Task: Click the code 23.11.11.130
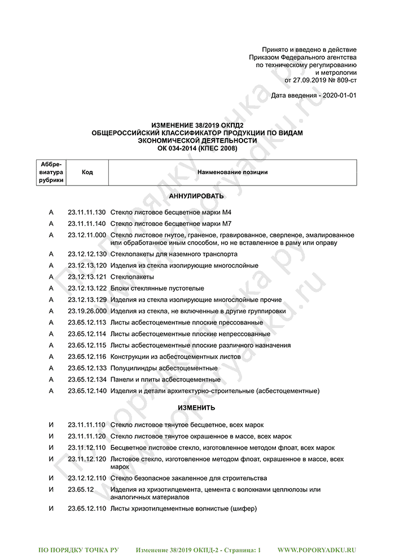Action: coord(87,212)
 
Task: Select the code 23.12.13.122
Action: coord(87,289)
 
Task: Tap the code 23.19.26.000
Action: coord(87,311)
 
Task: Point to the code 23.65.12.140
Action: coord(87,391)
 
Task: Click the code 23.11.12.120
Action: coord(87,459)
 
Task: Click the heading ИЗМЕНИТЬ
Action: coord(196,408)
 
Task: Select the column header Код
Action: coord(87,172)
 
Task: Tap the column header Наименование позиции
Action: coord(232,172)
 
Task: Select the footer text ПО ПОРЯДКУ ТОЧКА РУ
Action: coord(78,548)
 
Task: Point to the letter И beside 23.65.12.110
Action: coord(51,508)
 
